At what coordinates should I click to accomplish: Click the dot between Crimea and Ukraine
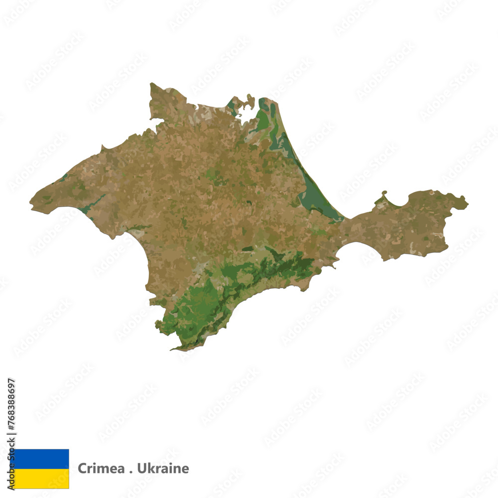click(x=121, y=471)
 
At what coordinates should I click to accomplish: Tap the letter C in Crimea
click(x=81, y=469)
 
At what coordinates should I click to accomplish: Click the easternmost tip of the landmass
click(x=467, y=202)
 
